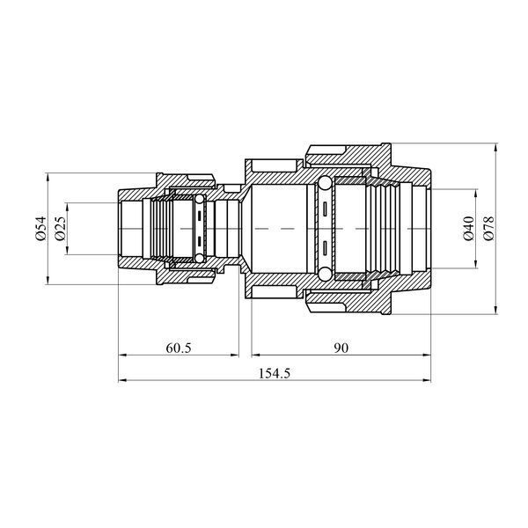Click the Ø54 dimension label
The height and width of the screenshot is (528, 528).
[40, 228]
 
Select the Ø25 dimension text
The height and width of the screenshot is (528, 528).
[61, 228]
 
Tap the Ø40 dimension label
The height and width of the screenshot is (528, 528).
[469, 228]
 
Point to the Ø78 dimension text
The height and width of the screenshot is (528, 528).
[488, 228]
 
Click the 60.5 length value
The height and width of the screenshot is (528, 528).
[179, 348]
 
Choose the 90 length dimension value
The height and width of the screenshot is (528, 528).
[341, 348]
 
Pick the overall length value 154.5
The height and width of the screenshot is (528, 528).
[274, 373]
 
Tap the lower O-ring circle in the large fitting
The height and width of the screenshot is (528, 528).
[326, 274]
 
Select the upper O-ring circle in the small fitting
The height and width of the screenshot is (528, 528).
[200, 199]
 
